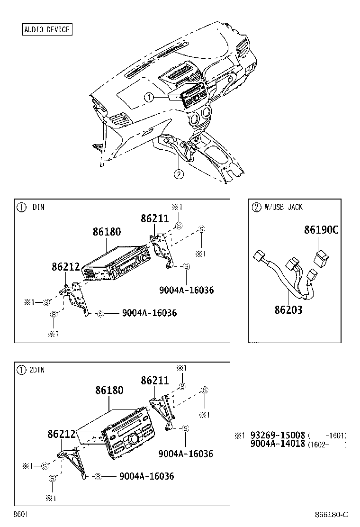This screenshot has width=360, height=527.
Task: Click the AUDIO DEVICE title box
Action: click(47, 29)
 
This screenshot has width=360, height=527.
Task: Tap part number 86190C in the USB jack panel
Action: click(321, 230)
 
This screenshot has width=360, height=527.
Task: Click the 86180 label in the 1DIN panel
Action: click(107, 232)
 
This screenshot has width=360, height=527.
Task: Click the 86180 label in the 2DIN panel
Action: click(109, 390)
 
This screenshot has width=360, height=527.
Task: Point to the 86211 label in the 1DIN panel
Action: click(154, 218)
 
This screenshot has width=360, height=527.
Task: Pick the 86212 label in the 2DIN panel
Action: click(62, 434)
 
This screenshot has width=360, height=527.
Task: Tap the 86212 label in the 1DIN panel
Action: click(66, 267)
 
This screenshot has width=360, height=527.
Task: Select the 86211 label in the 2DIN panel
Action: click(155, 381)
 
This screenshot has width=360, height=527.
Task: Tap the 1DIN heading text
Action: click(37, 207)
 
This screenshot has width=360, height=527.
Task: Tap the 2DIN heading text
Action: click(37, 370)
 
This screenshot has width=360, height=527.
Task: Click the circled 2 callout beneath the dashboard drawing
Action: click(179, 174)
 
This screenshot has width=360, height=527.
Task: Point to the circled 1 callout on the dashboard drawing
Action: click(149, 98)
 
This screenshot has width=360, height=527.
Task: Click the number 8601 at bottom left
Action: click(20, 514)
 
